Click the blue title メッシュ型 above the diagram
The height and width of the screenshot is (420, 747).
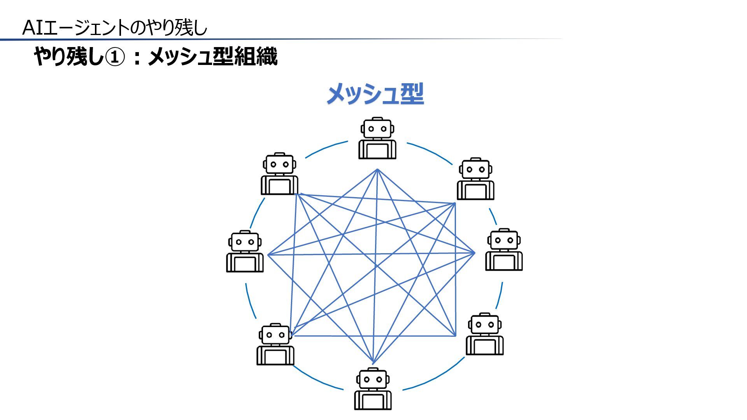(375, 94)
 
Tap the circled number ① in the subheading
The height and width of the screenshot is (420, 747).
(116, 57)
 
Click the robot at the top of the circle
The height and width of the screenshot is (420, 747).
(377, 138)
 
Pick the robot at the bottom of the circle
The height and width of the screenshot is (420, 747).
(373, 388)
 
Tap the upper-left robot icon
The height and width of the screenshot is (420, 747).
(279, 173)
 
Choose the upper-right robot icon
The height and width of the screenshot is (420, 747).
(475, 178)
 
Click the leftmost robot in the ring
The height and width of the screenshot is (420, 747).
(245, 251)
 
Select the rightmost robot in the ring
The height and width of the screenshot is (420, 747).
(504, 249)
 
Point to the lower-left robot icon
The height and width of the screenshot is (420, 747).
(275, 344)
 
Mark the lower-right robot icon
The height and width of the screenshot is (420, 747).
(484, 334)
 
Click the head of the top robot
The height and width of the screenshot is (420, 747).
(377, 128)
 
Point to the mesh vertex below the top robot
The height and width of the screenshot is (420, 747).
(377, 170)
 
